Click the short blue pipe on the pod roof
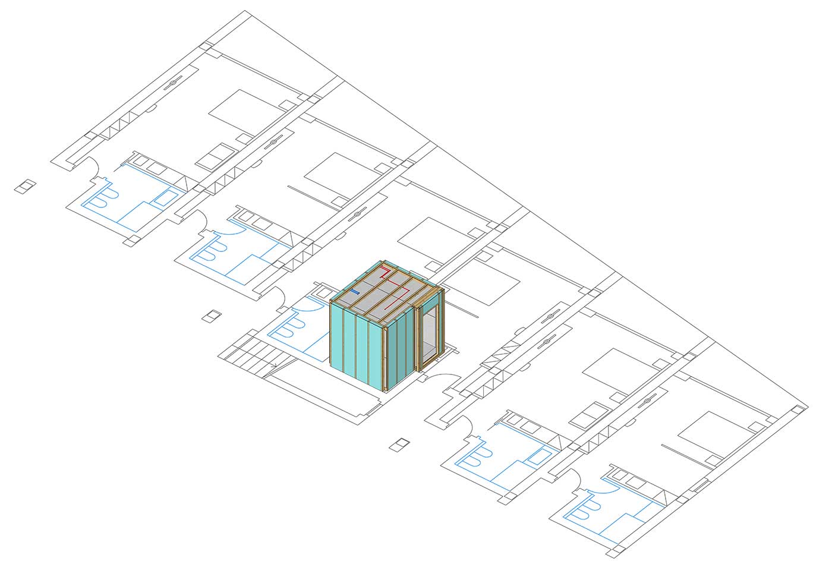click(x=355, y=292)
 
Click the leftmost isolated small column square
click(x=25, y=187)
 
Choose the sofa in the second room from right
click(x=590, y=414)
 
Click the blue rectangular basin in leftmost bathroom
click(x=166, y=197)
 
